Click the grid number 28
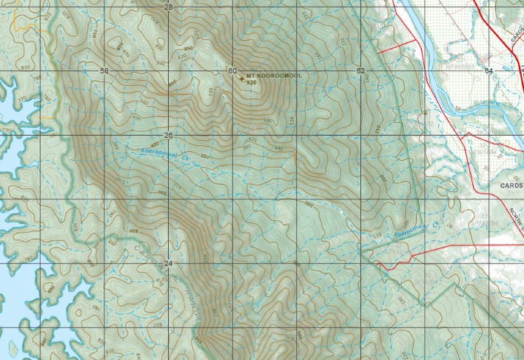168,7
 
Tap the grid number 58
104,71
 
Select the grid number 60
232,71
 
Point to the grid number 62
360,71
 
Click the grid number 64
488,71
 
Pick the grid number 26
168,136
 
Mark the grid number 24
168,264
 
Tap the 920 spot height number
252,82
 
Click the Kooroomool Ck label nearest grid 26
159,153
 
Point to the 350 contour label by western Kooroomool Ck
204,156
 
